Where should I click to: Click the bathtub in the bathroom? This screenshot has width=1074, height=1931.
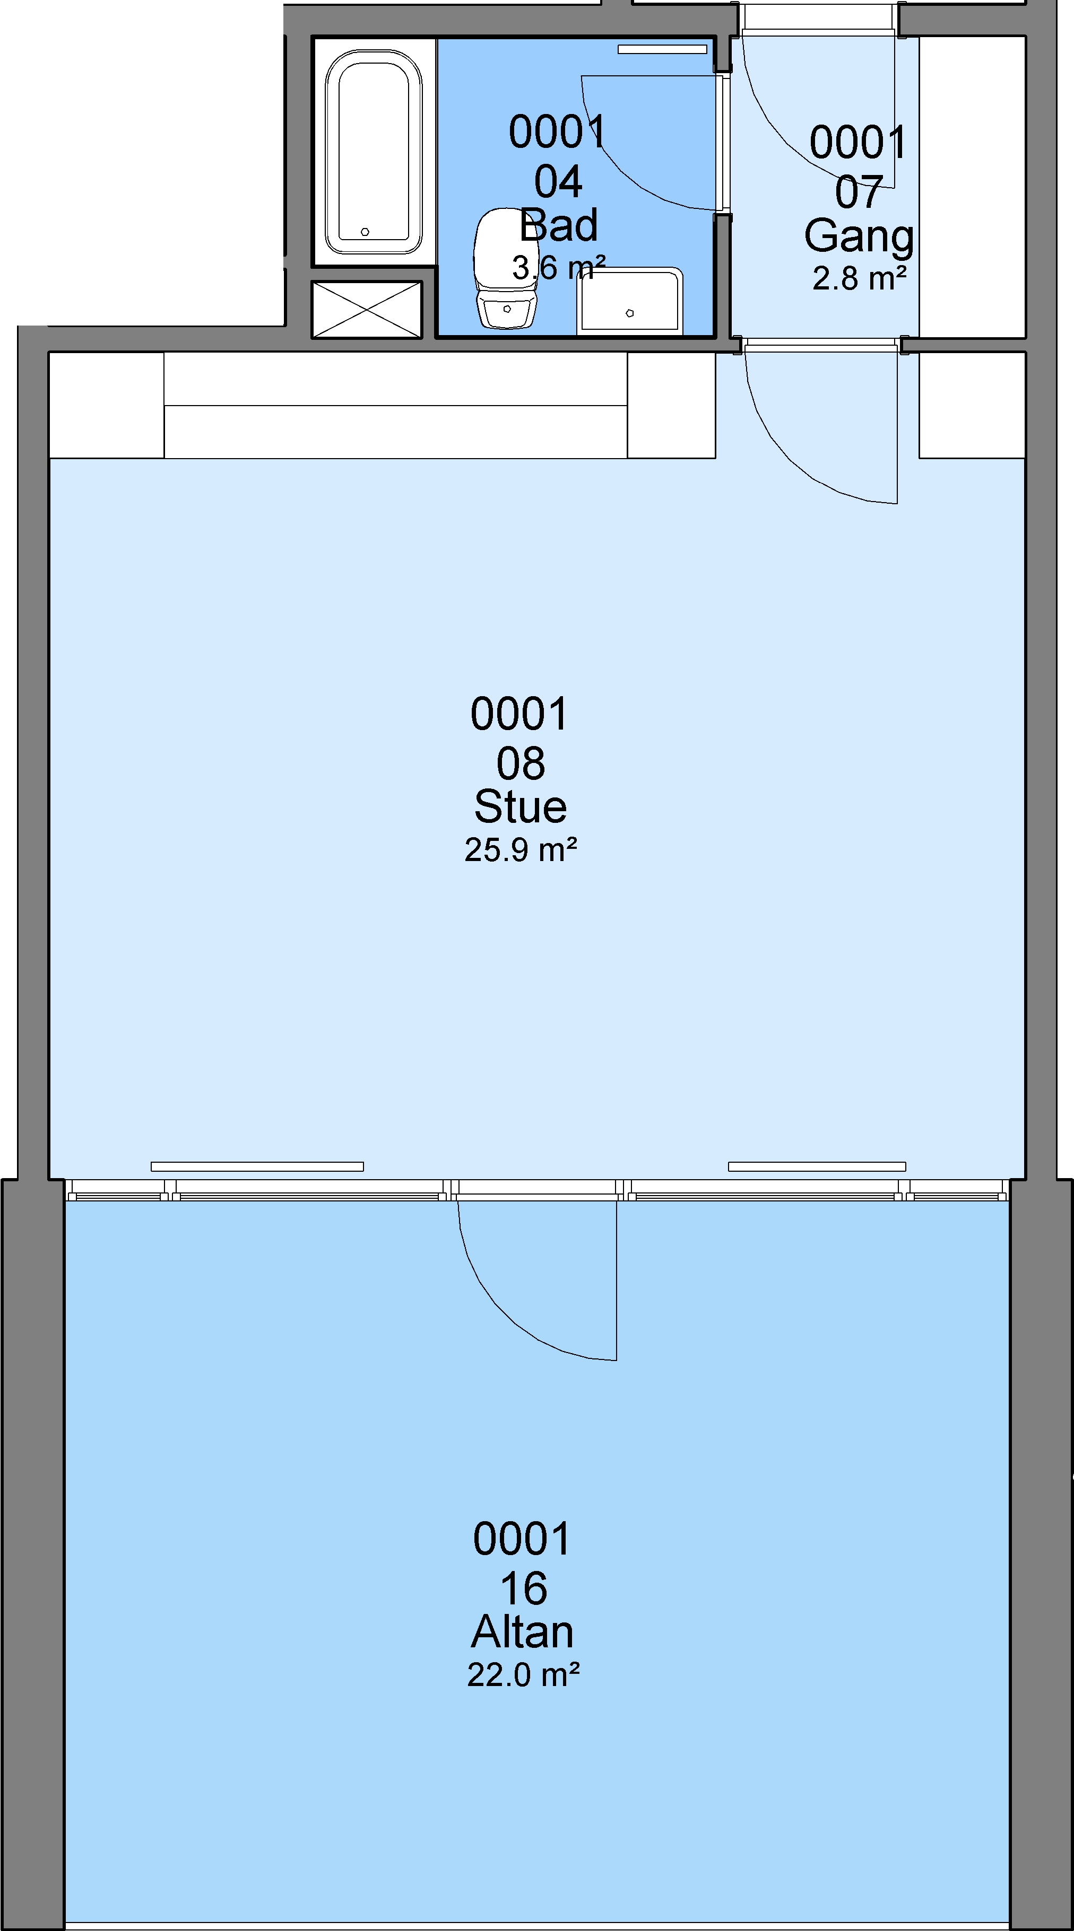(374, 152)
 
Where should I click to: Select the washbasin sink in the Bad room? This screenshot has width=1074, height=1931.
(629, 301)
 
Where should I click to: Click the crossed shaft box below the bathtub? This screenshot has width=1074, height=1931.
(367, 309)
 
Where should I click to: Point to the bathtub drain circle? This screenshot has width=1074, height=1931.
(365, 232)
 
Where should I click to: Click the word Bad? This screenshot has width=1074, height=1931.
(559, 225)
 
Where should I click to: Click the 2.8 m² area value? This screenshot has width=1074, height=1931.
(860, 278)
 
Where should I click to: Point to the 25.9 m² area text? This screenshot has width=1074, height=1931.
(521, 849)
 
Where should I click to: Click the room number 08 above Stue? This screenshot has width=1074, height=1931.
(521, 764)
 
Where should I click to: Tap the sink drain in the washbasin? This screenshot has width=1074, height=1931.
(629, 313)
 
